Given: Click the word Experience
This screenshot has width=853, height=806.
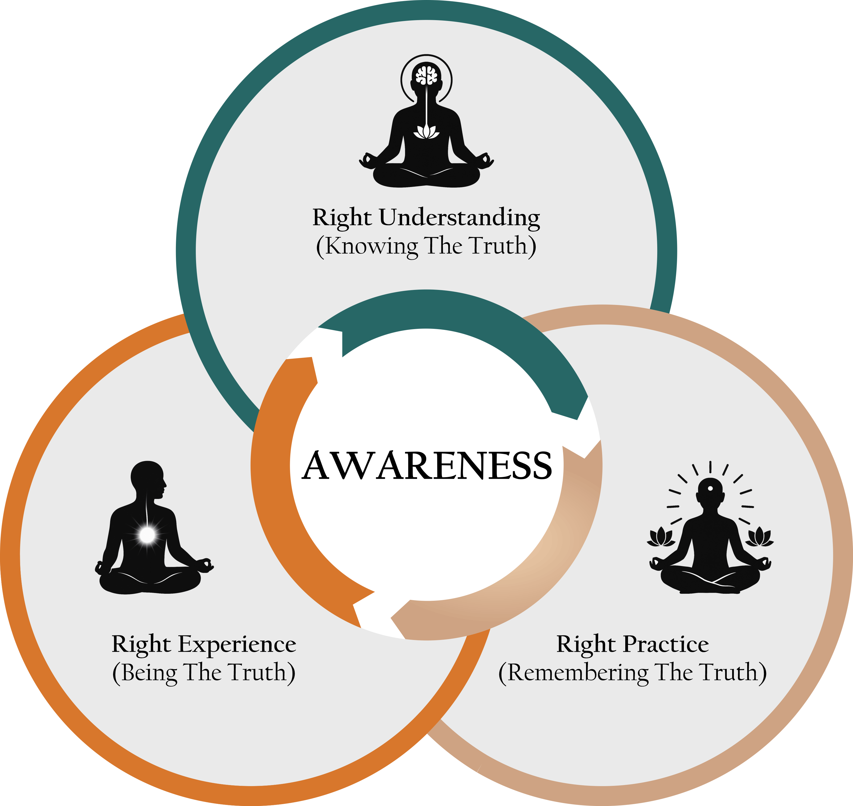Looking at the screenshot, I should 237,645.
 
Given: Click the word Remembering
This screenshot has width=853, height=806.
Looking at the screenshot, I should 578,673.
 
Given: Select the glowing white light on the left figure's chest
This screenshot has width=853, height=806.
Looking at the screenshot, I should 147,535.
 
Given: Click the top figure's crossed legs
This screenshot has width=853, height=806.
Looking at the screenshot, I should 426,176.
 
